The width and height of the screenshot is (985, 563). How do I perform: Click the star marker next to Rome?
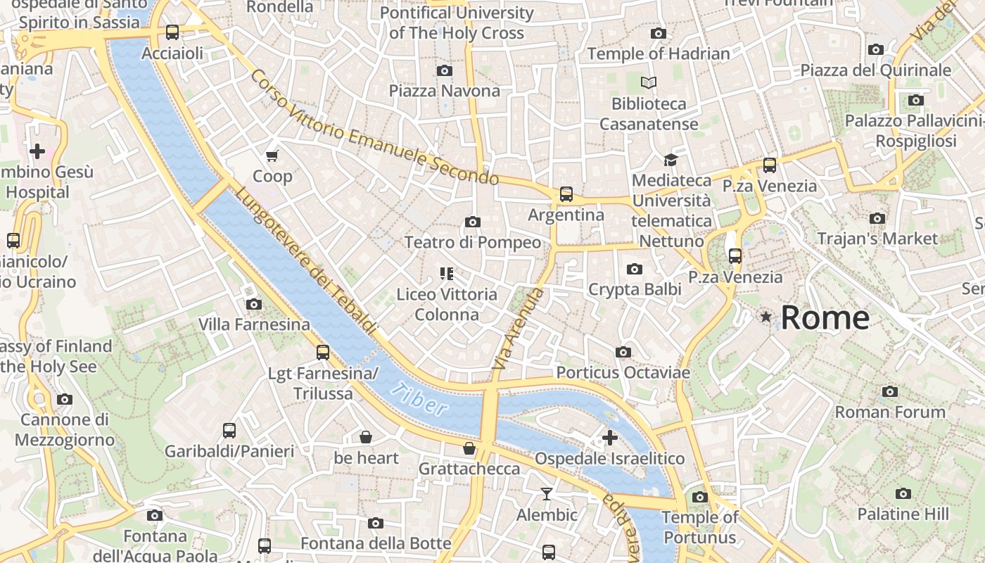pyautogui.click(x=766, y=317)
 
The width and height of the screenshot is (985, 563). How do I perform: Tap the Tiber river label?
pyautogui.click(x=420, y=399)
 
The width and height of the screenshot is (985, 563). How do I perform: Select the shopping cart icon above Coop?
pyautogui.click(x=272, y=155)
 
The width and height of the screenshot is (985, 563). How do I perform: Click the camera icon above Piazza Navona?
pyautogui.click(x=444, y=70)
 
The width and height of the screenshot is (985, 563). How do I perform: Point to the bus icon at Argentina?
pyautogui.click(x=566, y=194)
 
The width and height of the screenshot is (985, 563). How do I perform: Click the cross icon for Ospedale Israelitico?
pyautogui.click(x=610, y=438)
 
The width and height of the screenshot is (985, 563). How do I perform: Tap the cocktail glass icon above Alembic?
pyautogui.click(x=547, y=494)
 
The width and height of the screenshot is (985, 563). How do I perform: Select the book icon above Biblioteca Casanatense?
pyautogui.click(x=649, y=83)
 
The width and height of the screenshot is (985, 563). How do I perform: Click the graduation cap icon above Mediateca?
pyautogui.click(x=671, y=160)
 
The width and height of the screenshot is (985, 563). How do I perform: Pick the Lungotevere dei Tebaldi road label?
pyautogui.click(x=306, y=260)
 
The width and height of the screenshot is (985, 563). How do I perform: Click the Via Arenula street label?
pyautogui.click(x=519, y=329)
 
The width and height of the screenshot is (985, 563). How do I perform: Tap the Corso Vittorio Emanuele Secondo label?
pyautogui.click(x=374, y=127)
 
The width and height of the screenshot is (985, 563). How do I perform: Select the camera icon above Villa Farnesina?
pyautogui.click(x=254, y=304)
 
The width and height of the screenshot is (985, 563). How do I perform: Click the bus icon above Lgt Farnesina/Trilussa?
pyautogui.click(x=323, y=353)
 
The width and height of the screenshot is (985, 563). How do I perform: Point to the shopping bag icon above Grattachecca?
pyautogui.click(x=469, y=448)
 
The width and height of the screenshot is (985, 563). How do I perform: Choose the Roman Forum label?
pyautogui.click(x=890, y=412)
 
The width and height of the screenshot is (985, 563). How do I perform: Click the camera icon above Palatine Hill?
pyautogui.click(x=903, y=493)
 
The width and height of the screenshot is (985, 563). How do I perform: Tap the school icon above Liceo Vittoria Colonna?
pyautogui.click(x=447, y=273)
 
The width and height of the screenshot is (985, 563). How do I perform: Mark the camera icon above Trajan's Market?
pyautogui.click(x=877, y=218)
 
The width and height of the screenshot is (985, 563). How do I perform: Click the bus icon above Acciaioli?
pyautogui.click(x=172, y=32)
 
